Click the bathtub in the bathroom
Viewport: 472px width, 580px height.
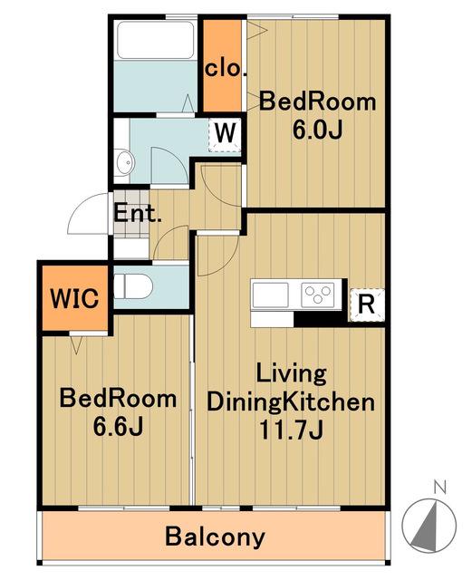click(155, 40)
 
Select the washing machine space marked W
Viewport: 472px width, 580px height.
click(225, 135)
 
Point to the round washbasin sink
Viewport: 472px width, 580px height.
click(124, 163)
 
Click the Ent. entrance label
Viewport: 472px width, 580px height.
click(137, 214)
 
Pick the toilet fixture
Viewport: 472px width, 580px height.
click(133, 286)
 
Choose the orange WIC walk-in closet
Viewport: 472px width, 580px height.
click(75, 298)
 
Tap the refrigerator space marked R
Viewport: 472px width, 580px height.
click(367, 304)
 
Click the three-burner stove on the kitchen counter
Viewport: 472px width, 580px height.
click(318, 295)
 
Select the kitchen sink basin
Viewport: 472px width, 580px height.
click(270, 295)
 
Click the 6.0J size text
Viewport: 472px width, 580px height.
click(317, 130)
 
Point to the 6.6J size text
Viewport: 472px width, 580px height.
click(118, 426)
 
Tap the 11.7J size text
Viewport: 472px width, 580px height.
click(292, 430)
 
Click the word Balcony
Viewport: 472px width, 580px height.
click(215, 537)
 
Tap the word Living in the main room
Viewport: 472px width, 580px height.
click(292, 373)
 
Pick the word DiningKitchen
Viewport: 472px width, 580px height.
click(291, 402)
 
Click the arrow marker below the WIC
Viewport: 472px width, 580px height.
click(76, 345)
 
